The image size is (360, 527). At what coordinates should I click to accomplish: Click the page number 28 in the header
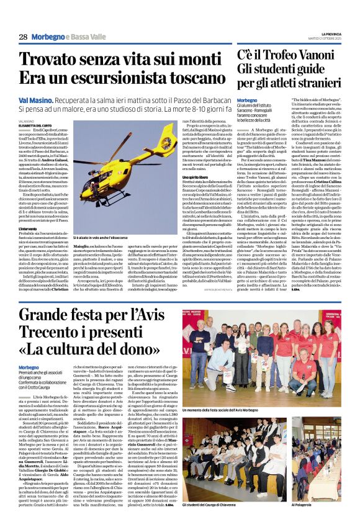(23, 37)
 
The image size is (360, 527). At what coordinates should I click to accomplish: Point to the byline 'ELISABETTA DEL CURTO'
(37, 125)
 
